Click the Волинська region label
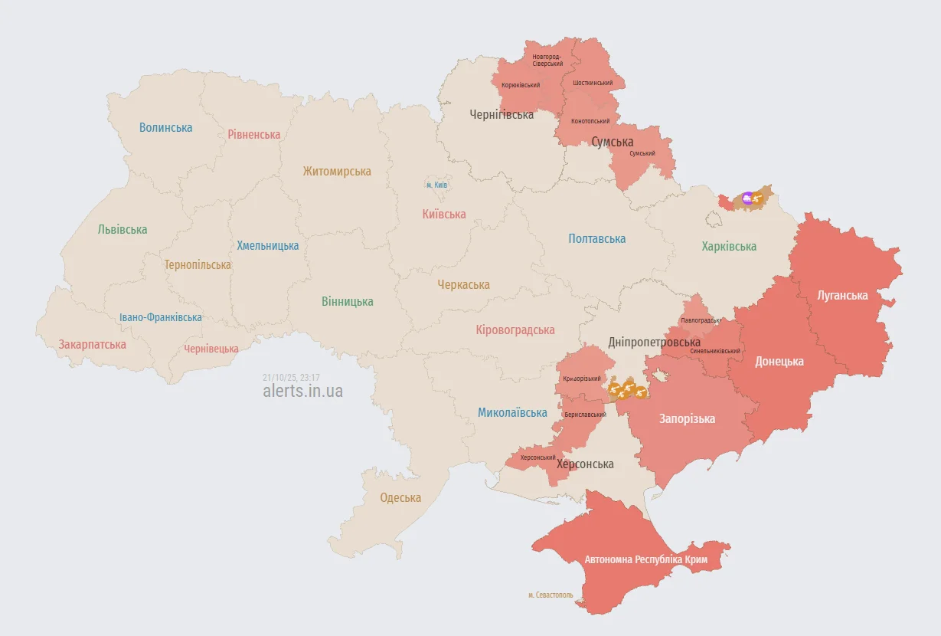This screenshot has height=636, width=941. click(165, 128)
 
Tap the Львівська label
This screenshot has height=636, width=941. click(123, 229)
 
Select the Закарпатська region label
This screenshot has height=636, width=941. click(92, 344)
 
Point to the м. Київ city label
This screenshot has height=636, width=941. click(436, 185)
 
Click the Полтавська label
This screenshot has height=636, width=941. click(596, 238)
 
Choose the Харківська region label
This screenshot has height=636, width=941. click(729, 246)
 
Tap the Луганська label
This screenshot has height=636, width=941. click(842, 295)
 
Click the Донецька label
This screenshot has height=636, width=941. click(779, 361)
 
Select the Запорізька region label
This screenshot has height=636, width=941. click(687, 418)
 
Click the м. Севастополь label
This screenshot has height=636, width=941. click(550, 595)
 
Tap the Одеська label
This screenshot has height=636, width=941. click(400, 497)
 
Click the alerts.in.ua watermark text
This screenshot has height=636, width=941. click(302, 391)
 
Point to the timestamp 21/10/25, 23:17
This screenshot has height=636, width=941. click(290, 377)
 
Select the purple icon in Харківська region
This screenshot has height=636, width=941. click(747, 198)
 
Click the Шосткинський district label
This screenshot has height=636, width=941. click(592, 83)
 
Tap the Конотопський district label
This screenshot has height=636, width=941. click(590, 121)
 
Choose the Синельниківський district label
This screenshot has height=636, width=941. click(714, 351)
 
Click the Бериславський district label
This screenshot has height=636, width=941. click(584, 415)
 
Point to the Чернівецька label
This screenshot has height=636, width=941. click(211, 349)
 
